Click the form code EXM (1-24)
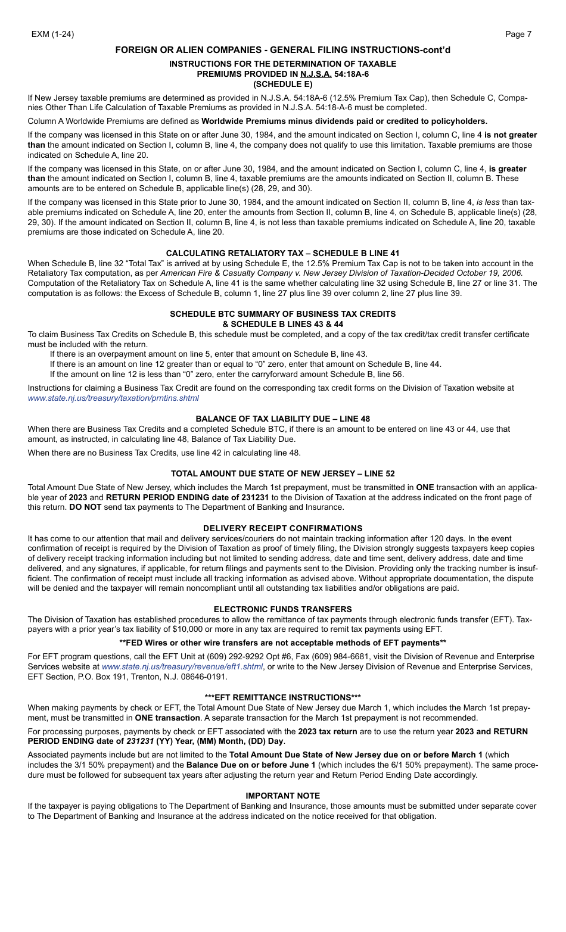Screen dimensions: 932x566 coord(53,35)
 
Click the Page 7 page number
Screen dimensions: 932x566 coord(518,35)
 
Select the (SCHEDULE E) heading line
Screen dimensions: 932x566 coord(282,84)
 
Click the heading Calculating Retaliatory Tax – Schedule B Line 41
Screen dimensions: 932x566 coord(282,253)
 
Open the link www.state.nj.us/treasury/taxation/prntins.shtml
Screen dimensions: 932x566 coord(113,398)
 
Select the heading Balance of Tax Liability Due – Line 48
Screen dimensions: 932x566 coord(282,419)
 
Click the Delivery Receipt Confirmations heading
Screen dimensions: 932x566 coord(282,528)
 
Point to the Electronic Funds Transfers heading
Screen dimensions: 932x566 coord(282,609)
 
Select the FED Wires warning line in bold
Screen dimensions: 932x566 coord(282,643)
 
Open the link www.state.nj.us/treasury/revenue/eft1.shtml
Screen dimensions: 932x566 coord(182,666)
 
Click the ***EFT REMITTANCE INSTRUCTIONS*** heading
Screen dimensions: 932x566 coord(282,697)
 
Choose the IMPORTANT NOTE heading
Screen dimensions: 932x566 coord(282,796)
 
